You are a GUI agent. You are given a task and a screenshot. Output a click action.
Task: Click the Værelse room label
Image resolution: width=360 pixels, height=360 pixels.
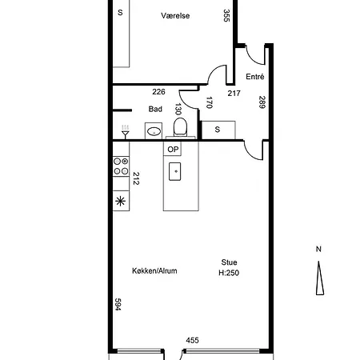(x=175, y=15)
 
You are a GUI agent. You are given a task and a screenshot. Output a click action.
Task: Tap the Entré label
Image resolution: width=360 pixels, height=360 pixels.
(x=255, y=77)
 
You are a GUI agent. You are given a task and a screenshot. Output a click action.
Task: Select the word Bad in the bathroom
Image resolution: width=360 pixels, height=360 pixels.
(x=155, y=109)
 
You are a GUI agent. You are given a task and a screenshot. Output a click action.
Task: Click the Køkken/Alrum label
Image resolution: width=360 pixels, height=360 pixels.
(x=154, y=271)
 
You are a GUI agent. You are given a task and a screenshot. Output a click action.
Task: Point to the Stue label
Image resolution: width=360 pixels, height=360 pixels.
(x=229, y=262)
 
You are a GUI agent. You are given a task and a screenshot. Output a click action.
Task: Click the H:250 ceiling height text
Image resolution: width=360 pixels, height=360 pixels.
(x=229, y=273)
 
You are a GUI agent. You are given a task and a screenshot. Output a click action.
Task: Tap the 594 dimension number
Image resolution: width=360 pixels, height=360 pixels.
(x=118, y=304)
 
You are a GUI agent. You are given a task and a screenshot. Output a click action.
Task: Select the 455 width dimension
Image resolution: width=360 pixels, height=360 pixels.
(x=192, y=340)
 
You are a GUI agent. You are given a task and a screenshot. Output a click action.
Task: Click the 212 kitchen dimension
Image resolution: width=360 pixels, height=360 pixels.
(x=136, y=178)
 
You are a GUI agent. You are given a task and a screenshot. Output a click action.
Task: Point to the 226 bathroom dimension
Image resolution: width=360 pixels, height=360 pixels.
(x=158, y=92)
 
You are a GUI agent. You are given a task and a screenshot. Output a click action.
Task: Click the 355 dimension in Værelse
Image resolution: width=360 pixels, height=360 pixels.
(x=226, y=15)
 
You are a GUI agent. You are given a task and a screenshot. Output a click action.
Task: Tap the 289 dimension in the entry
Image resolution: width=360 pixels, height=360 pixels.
(x=262, y=102)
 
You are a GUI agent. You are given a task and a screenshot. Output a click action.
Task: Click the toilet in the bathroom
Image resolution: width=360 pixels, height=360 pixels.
(x=180, y=127)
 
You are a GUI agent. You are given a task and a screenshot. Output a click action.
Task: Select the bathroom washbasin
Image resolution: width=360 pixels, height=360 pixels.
(x=154, y=131)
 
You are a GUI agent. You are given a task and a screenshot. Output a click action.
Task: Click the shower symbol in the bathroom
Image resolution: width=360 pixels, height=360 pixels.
(x=125, y=132)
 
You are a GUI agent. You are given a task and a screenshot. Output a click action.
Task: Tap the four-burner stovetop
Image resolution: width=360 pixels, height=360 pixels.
(x=121, y=166)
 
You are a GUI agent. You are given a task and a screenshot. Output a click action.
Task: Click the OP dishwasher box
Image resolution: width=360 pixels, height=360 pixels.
(x=173, y=149)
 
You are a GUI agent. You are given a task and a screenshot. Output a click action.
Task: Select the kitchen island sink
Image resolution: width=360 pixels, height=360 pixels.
(x=175, y=171)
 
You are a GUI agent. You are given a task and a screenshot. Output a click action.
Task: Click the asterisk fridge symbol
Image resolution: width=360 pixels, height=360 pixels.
(x=121, y=201)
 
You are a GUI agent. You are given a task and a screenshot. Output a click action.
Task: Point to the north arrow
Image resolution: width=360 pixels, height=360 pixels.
(x=320, y=278)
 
